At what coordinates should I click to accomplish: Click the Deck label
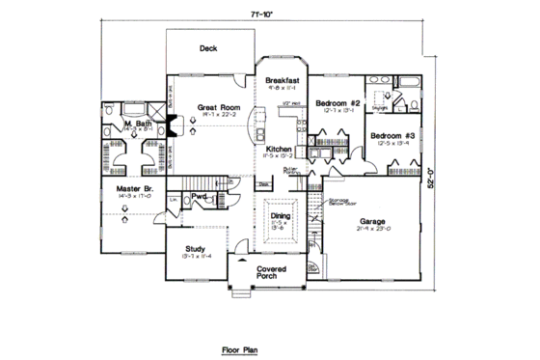pos(207,47)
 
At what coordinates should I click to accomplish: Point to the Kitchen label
pos(279,149)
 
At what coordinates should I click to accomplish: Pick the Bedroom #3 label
pos(393,136)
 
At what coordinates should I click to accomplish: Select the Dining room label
pos(281,217)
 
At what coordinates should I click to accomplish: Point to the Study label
pos(196,249)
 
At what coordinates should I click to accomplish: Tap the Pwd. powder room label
pos(201,195)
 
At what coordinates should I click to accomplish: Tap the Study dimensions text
pos(196,258)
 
